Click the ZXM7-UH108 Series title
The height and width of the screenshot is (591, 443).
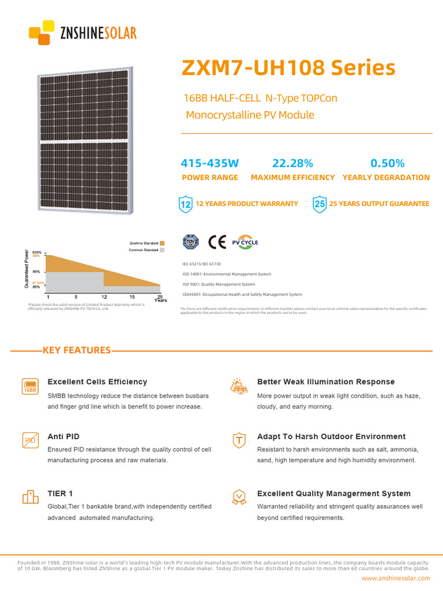point(288,68)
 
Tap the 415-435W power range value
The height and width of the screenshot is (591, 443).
point(209,163)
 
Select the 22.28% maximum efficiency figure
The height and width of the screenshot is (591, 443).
point(292,163)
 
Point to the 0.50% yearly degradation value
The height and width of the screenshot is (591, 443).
point(387,163)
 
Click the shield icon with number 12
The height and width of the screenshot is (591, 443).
point(186,204)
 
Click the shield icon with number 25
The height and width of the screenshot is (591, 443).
point(319,204)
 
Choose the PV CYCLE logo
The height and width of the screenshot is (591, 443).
point(245,242)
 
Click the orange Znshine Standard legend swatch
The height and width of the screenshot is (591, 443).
point(163,244)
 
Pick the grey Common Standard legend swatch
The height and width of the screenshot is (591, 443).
point(163,250)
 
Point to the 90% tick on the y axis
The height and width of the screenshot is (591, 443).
point(36,271)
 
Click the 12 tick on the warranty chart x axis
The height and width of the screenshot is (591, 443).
point(104,297)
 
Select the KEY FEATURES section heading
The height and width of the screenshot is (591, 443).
point(77,350)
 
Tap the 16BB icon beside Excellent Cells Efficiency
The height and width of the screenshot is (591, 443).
point(30,387)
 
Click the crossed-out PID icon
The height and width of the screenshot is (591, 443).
point(30,440)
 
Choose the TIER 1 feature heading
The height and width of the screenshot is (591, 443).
point(60,493)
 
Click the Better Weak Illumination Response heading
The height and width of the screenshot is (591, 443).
point(326,381)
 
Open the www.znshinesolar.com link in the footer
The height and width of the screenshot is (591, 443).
point(396,578)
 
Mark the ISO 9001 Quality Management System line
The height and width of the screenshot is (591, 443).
point(219,285)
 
